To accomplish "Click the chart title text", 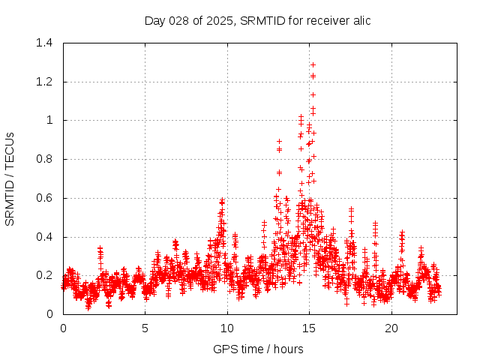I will tap(257, 20).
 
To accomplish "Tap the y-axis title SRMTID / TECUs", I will tap(10, 178).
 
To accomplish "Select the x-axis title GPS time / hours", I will tap(258, 349).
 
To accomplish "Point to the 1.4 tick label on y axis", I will tap(44, 43).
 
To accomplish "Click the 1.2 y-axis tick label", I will tap(44, 82).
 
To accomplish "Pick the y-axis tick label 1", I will tap(49, 120).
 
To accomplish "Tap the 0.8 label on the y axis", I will tap(44, 159).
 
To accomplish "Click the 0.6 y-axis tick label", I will tap(44, 198).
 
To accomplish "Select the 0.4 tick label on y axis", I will tap(44, 237).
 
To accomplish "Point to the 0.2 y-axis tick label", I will tap(44, 275).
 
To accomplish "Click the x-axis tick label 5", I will tap(145, 328).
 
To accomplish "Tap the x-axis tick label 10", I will tap(227, 328).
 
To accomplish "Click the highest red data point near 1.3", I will tap(313, 64).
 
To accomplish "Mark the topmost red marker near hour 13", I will tap(279, 141).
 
